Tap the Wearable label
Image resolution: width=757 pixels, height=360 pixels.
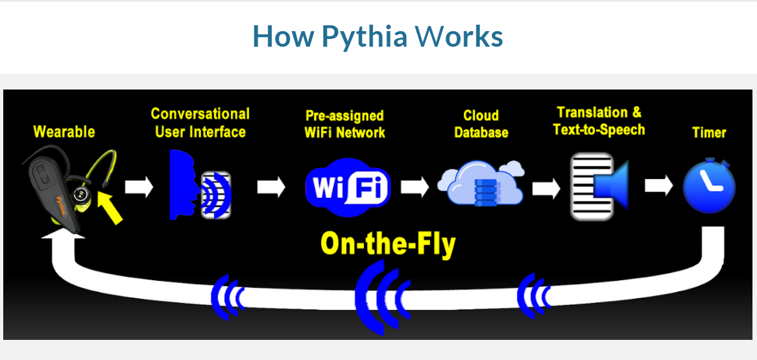[x=64, y=132]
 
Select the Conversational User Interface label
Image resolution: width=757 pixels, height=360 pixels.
[x=200, y=123]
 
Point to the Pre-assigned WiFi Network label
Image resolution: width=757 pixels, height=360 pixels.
[x=345, y=124]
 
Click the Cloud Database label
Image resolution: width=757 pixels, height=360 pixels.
[x=481, y=124]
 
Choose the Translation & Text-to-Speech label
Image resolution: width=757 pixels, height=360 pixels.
[x=599, y=121]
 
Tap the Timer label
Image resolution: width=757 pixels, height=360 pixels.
[x=709, y=132]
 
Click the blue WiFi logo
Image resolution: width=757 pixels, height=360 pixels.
[x=348, y=187]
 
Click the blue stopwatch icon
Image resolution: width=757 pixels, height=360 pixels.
[x=709, y=187]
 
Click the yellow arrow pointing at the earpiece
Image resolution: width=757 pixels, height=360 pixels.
[x=111, y=207]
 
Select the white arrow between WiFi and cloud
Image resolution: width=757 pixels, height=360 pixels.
[x=415, y=187]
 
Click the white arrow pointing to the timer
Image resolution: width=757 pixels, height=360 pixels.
[x=659, y=187]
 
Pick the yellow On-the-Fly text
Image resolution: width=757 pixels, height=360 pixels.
[x=388, y=245]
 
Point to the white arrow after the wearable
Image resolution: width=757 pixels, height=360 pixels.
[x=139, y=187]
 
